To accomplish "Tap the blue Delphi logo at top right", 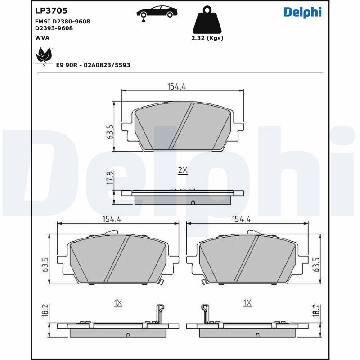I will (x=302, y=12).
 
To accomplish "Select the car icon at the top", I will (x=157, y=12).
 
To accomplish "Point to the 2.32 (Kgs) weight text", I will (x=207, y=38).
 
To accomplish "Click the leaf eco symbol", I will (x=44, y=56).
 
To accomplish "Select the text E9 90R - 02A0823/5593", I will (x=93, y=65).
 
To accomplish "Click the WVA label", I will (x=42, y=38).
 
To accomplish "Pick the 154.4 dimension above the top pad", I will (x=177, y=86).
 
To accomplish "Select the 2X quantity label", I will (x=182, y=170).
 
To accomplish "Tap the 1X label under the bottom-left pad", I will (x=118, y=303).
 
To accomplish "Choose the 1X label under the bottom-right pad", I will (x=247, y=303).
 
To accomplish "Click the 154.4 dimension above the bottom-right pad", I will (x=241, y=219).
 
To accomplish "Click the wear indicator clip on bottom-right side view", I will (x=205, y=312).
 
